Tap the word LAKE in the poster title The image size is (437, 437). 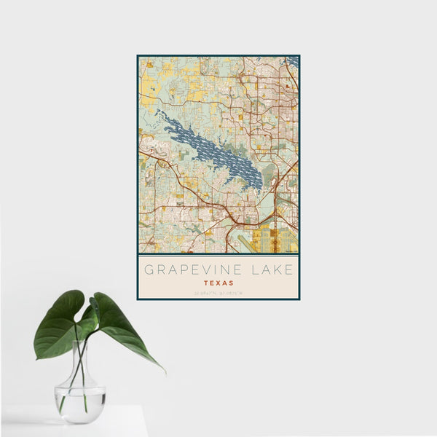point(272,269)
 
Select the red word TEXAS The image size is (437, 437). point(218,283)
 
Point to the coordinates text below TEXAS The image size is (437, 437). point(218,293)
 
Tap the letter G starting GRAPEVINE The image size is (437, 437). point(148,269)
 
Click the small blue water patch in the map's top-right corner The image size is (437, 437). point(293,60)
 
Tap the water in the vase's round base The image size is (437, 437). point(80,404)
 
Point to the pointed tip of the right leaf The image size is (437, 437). point(163,371)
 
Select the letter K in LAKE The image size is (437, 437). point(279,269)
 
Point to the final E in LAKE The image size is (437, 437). point(290,269)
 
